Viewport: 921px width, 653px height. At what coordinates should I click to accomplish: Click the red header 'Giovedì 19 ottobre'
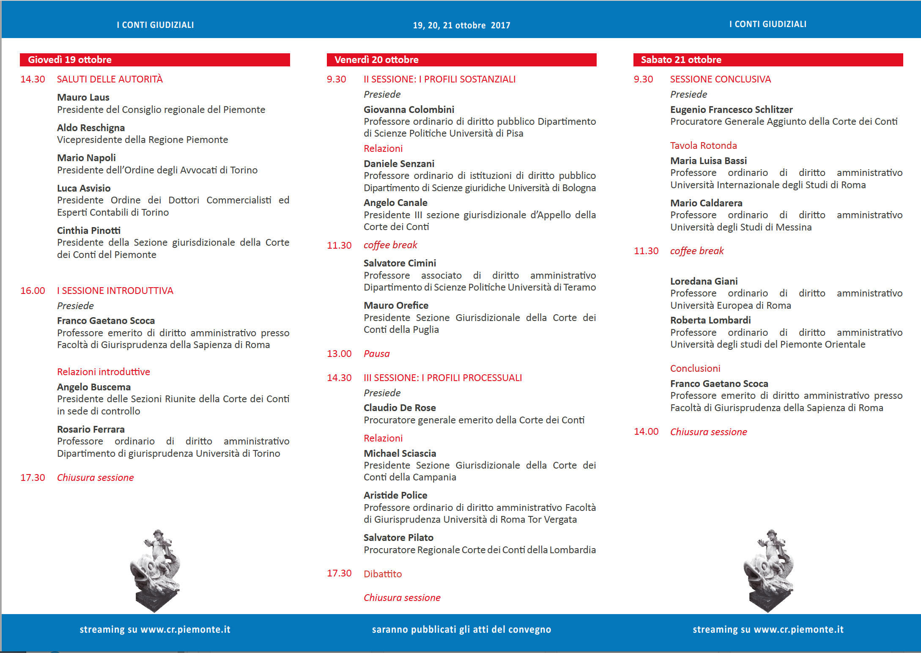[x=70, y=60]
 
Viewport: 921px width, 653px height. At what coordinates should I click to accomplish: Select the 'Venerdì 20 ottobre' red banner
[x=376, y=60]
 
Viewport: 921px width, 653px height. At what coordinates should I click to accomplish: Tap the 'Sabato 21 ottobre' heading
[x=681, y=60]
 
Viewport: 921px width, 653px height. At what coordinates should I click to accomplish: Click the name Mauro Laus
[x=83, y=97]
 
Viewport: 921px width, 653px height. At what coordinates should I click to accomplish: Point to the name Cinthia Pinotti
[x=89, y=230]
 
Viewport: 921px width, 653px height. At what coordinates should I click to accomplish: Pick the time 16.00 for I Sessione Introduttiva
[x=33, y=291]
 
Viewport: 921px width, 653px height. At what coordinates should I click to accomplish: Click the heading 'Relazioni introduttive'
[x=104, y=372]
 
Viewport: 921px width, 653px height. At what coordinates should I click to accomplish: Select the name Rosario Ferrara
[x=91, y=429]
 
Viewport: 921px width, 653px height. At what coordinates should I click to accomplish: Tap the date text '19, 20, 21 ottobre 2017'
[x=461, y=25]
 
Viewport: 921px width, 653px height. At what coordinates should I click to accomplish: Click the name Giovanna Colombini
[x=409, y=110]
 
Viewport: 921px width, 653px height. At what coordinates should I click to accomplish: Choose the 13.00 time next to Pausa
[x=339, y=354]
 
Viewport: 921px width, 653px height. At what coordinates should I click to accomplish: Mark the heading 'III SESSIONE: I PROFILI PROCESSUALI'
[x=443, y=378]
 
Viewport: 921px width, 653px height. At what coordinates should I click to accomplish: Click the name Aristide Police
[x=395, y=495]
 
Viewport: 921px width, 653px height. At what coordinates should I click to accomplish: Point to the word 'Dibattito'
[x=383, y=574]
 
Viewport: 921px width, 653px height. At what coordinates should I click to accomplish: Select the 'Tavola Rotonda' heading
[x=703, y=145]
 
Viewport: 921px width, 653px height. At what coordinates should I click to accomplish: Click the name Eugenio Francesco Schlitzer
[x=731, y=110]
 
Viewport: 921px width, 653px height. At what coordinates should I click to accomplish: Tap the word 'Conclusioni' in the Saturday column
[x=695, y=368]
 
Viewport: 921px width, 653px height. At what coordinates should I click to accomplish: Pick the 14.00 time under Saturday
[x=646, y=431]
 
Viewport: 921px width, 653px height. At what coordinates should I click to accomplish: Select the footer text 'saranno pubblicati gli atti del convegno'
[x=461, y=629]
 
